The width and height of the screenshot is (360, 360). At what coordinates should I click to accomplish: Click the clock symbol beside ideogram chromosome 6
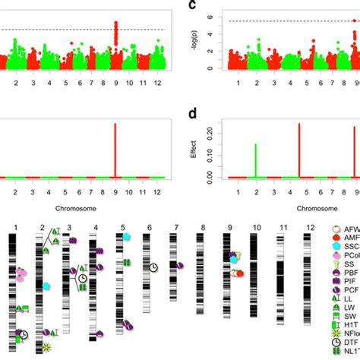tap(153, 267)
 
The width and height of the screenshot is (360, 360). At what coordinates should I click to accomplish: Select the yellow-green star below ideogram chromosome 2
tap(47, 348)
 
